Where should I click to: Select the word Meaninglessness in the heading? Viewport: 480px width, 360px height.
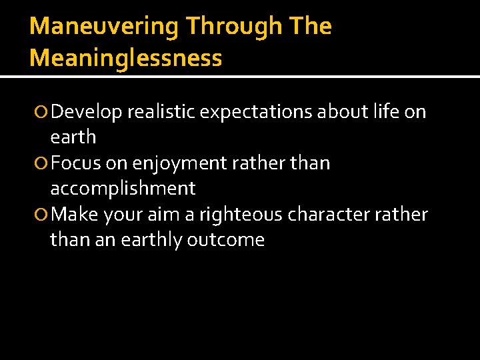[x=125, y=58]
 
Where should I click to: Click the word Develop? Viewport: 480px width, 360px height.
[x=87, y=112]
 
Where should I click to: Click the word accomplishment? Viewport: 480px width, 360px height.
[x=123, y=189]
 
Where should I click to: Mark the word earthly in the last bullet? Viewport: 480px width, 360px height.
[x=151, y=240]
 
